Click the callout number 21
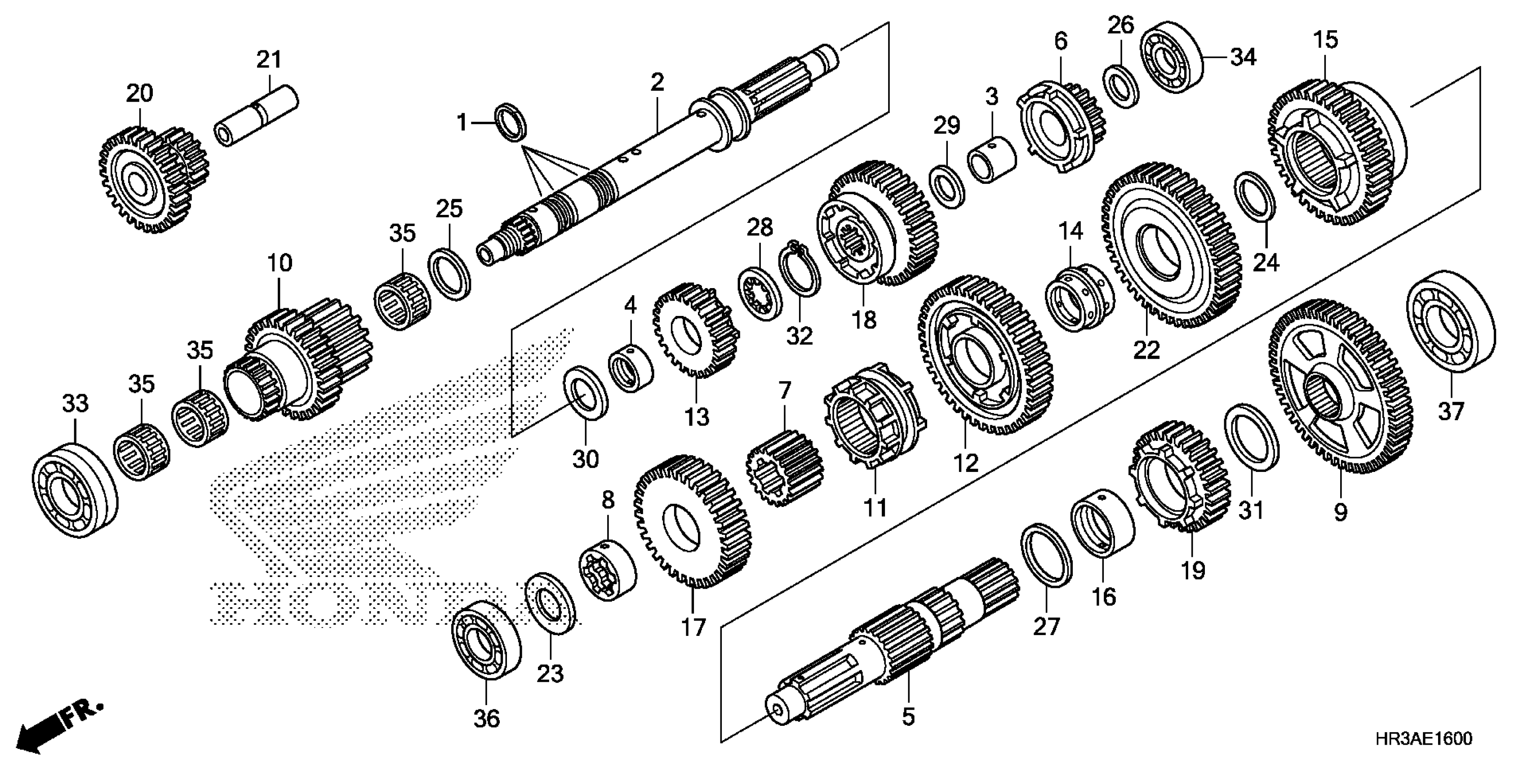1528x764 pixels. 269,60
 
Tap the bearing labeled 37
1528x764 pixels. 1450,321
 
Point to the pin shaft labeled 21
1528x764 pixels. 256,115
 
